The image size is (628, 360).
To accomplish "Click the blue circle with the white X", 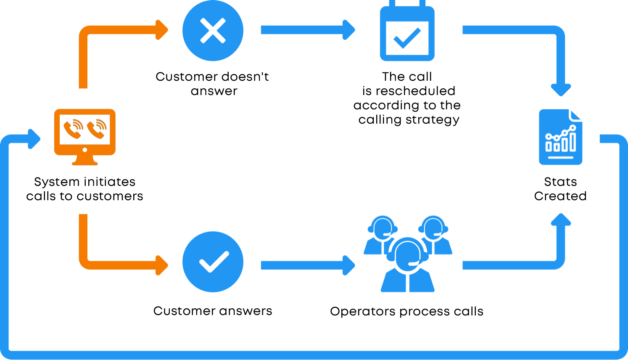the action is [213, 30].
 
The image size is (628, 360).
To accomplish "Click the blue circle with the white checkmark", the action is [213, 262].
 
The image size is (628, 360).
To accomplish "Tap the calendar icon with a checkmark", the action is [407, 31].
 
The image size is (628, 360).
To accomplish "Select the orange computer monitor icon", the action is [84, 137].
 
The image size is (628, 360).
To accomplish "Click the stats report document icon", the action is [560, 137].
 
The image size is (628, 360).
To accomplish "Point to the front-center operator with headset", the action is [407, 265].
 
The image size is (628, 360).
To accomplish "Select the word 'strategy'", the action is [433, 120].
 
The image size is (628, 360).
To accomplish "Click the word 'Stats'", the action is [560, 182].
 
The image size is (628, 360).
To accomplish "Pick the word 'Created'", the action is [560, 196].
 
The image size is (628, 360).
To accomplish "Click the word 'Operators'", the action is [362, 312].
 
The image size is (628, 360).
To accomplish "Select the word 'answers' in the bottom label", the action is [245, 311].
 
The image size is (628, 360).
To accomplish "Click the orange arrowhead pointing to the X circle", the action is [162, 30].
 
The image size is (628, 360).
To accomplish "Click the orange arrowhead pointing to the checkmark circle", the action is [162, 265].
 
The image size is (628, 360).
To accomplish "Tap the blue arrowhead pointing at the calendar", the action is [349, 30].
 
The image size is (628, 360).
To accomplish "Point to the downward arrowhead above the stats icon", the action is [561, 90].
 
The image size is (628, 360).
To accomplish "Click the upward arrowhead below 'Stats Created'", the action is [561, 220].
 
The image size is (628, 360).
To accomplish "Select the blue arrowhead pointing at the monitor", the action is [34, 139].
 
